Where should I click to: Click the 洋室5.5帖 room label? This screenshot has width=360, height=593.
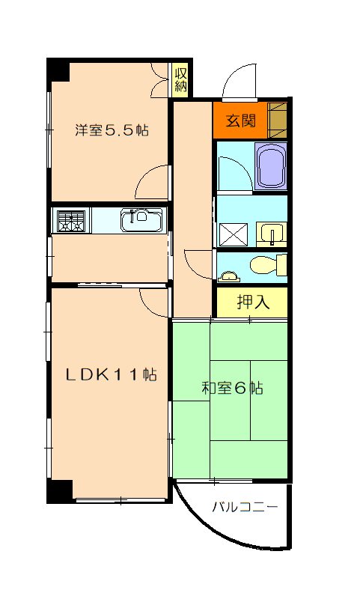(111, 130)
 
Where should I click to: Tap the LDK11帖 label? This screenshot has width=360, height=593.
(109, 375)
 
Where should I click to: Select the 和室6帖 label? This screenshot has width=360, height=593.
(232, 389)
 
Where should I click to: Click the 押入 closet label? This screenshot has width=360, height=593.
(252, 302)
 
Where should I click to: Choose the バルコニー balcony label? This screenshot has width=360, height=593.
(245, 507)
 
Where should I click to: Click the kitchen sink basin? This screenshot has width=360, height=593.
(140, 220)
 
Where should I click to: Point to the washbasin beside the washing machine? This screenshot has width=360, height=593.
(271, 234)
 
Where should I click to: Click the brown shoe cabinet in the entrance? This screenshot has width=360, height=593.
(278, 118)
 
